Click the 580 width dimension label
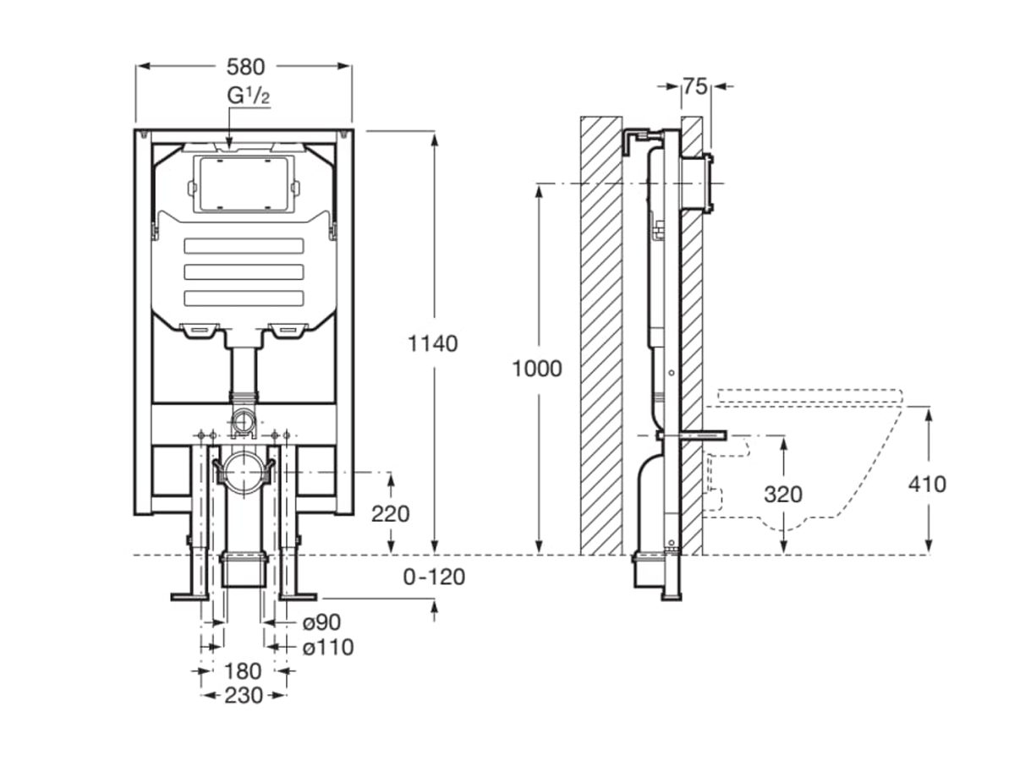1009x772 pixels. coord(245,66)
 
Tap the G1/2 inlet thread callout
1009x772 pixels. coord(249,96)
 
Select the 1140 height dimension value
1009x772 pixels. coord(433,343)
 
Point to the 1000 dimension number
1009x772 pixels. coord(537,369)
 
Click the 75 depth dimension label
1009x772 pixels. coord(695,85)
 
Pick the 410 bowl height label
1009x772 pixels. coord(927,484)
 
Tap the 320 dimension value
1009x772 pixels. coord(783,494)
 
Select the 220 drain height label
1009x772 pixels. coord(391,513)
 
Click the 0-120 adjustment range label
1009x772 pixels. coord(434,577)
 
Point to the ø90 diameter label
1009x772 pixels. coord(321,622)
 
